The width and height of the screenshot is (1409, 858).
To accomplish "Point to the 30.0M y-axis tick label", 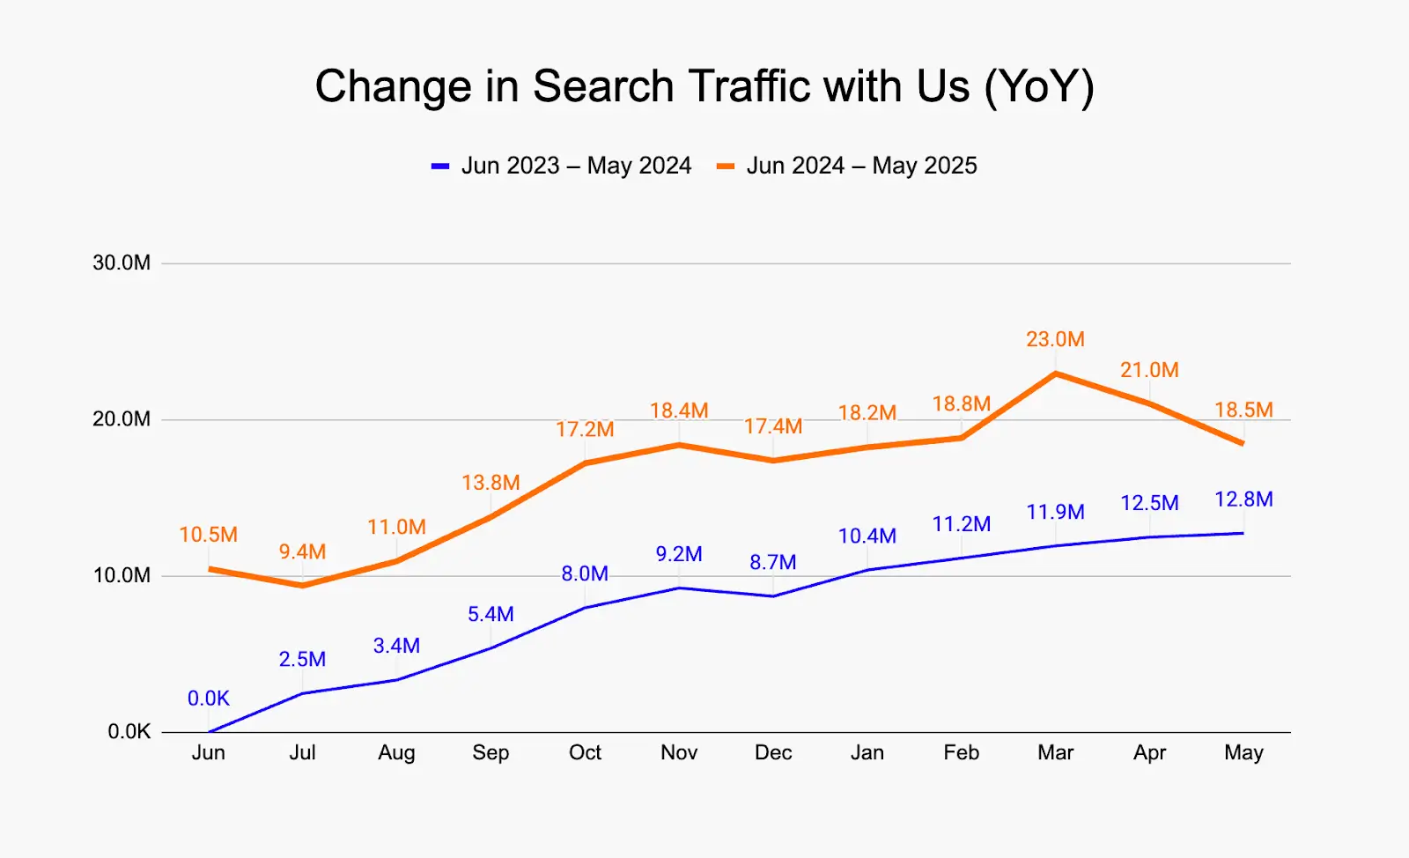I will coord(122,263).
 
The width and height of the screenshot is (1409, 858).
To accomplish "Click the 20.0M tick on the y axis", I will coord(122,419).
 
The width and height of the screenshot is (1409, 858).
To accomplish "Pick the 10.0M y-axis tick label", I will coord(122,575).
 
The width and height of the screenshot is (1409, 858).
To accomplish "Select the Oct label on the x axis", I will coord(585,752).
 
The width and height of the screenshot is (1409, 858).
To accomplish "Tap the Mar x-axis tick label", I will coord(1055,752).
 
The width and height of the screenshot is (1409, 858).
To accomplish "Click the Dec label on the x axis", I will coord(773,752).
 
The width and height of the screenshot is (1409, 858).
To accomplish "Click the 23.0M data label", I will coord(1055,339).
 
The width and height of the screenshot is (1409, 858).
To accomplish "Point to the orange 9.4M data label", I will coord(302,551).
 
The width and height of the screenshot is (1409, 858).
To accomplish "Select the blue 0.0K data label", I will coord(209,699).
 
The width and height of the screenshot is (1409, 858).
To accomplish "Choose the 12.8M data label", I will coord(1243,499).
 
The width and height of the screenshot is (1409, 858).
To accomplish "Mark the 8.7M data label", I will coord(773,562).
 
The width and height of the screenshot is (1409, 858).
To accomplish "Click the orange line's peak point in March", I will coord(1055,374).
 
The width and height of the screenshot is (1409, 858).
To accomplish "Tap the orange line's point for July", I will coord(302,585).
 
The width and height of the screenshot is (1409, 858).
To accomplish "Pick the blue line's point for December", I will coord(773,596).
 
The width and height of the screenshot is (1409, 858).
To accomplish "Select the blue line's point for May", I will coord(1243,533).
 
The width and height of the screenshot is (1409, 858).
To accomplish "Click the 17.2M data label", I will coord(585,429).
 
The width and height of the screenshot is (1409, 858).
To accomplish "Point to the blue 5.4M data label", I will coord(491,614).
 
